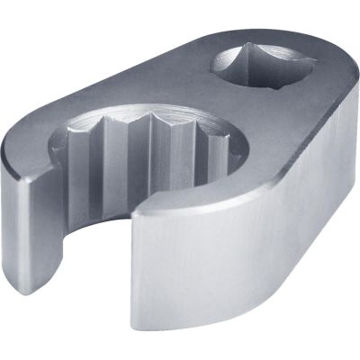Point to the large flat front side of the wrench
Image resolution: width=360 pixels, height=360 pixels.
coord(243,261)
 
